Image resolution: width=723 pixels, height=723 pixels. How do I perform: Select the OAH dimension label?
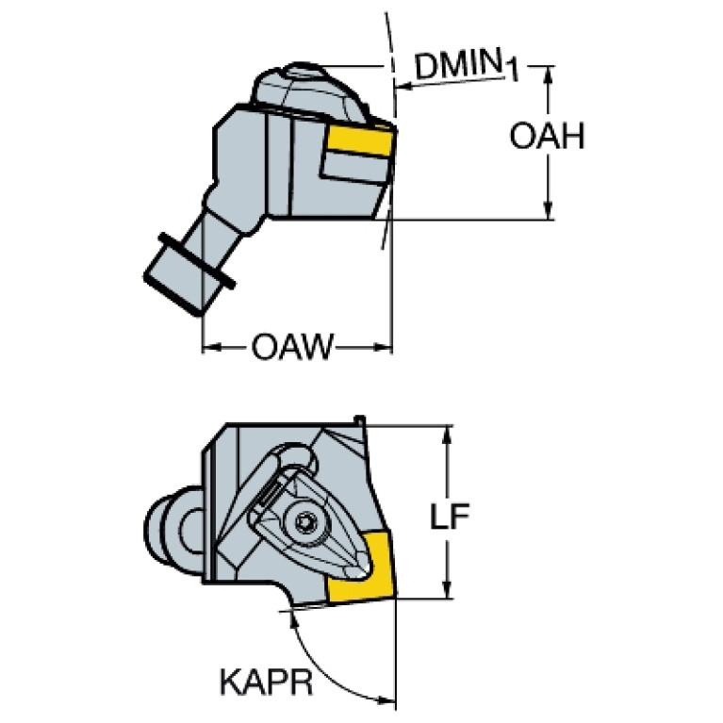547,136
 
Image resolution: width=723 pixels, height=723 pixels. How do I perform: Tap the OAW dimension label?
291,346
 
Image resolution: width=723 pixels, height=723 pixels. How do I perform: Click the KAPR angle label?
267,682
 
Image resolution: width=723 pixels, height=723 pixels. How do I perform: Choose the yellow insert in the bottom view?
363,567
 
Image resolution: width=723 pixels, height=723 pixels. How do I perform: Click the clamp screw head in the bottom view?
305,523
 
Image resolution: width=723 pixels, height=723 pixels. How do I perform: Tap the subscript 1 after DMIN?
511,71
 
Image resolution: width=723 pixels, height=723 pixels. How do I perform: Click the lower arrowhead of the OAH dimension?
548,210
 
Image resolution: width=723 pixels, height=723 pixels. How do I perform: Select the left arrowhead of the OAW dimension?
212,347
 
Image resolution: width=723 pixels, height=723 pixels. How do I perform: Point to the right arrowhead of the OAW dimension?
383,347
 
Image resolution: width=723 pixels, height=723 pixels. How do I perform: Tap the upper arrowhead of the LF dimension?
447,435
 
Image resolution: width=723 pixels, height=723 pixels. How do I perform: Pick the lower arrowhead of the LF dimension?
447,589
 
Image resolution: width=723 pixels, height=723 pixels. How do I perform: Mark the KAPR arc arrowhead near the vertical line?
386,699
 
